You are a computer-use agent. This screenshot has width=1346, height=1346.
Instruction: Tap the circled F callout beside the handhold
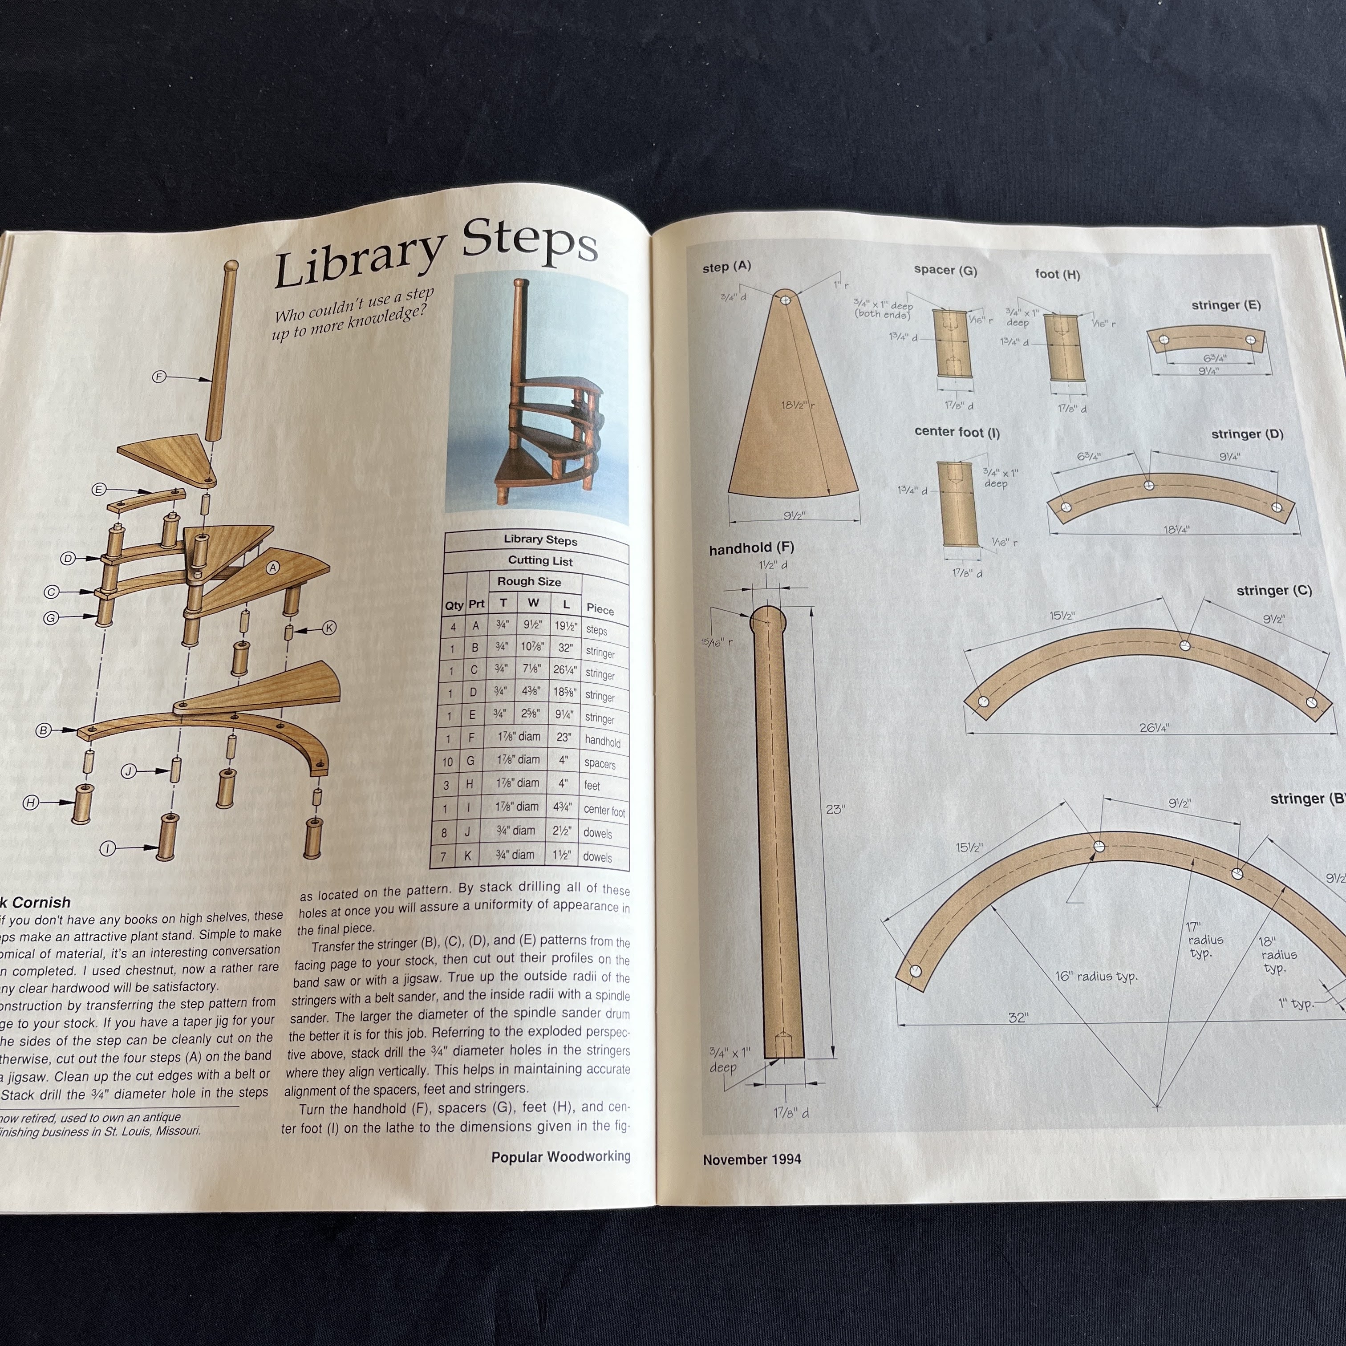[x=159, y=377]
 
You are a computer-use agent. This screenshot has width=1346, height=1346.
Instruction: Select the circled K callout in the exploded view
[x=329, y=628]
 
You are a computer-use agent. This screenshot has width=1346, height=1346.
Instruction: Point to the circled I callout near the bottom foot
[x=107, y=848]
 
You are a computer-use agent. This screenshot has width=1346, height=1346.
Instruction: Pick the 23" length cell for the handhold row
[x=564, y=737]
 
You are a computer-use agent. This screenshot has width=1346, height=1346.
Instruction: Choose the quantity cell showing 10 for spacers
[x=447, y=762]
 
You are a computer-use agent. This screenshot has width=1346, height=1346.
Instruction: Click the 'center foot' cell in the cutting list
[x=604, y=810]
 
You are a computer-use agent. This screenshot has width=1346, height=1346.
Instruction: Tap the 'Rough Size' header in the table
[x=529, y=581]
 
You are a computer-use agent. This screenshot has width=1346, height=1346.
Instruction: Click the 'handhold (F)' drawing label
[x=751, y=549]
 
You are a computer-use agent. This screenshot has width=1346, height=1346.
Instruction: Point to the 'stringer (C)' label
[x=1273, y=591]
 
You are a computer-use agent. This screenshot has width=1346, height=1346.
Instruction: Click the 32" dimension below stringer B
[x=1018, y=1018]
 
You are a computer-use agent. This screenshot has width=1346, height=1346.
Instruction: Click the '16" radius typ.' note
[x=1096, y=976]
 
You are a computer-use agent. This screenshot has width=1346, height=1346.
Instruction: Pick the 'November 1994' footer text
[x=752, y=1160]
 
